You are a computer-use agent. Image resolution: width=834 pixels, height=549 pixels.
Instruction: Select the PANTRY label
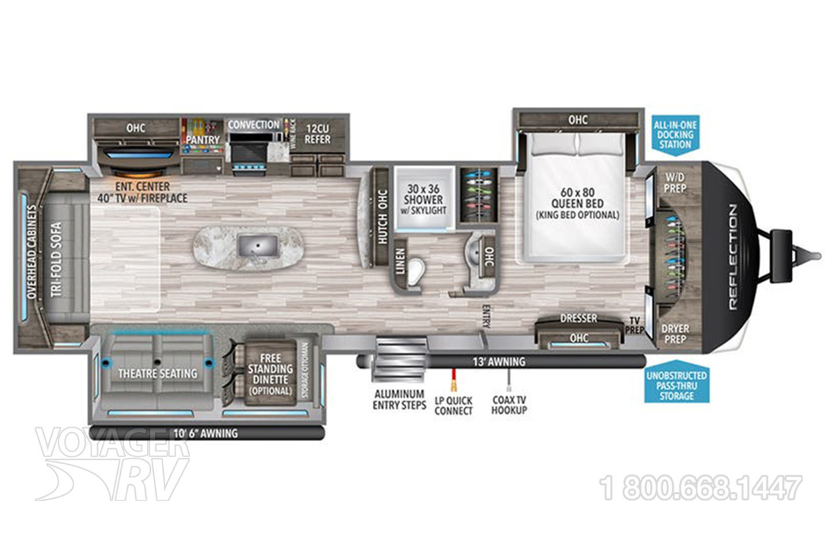tap(203, 140)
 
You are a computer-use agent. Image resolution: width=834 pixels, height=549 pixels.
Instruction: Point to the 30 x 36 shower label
tap(425, 199)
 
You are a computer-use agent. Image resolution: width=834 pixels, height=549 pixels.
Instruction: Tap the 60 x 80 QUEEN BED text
tap(577, 203)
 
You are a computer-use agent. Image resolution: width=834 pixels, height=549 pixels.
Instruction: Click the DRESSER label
tap(578, 319)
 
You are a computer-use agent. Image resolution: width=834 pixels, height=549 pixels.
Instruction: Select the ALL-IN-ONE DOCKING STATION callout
tap(675, 134)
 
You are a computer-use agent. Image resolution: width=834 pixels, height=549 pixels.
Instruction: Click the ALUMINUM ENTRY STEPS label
tap(399, 400)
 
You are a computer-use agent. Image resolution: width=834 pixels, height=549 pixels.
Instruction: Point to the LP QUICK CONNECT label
tap(453, 405)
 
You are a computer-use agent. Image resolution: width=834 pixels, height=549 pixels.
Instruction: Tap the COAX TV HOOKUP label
tap(509, 405)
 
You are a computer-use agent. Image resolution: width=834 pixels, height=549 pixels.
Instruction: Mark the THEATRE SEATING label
tap(158, 374)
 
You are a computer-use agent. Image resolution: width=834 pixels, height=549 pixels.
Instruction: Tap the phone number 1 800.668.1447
tap(702, 488)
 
